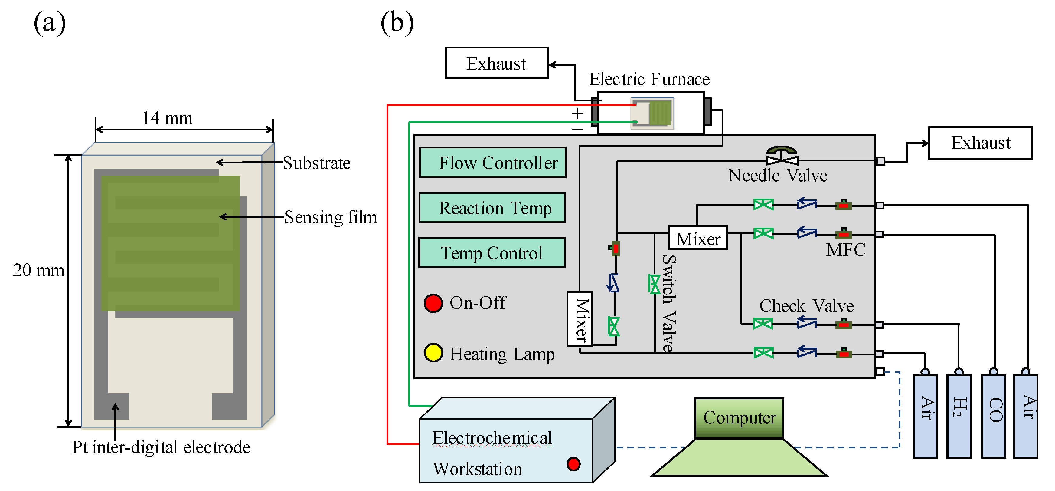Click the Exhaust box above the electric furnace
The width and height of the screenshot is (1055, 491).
coord(497,63)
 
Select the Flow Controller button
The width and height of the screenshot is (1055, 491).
coord(493,163)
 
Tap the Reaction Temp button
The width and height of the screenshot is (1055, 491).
coord(493,208)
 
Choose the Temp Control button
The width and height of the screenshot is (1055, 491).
coord(492,253)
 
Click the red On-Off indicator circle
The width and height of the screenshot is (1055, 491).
coord(433,303)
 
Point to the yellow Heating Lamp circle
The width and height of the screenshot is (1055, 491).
coord(433,353)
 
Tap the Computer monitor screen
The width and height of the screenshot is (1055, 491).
coord(739,418)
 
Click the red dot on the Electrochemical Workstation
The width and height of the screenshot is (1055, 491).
coord(573,464)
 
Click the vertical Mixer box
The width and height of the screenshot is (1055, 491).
coord(580,319)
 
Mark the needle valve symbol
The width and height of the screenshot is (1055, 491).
coord(782,157)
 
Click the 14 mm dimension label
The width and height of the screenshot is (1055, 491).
coord(167,118)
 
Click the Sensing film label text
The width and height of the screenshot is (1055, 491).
coord(331,217)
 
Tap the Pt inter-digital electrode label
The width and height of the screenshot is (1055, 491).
coord(161,447)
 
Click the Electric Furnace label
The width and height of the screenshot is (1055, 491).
coord(649,79)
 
